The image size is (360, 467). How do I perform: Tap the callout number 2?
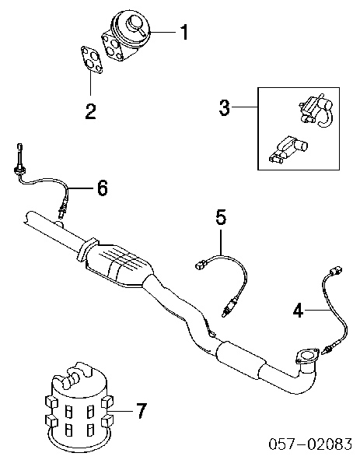(x=90, y=111)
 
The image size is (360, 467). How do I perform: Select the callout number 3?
(x=224, y=107)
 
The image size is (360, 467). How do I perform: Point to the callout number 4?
(x=298, y=311)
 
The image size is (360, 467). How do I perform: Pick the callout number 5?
(x=221, y=217)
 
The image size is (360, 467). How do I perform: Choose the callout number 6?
(x=102, y=188)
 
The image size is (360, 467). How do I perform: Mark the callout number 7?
(x=139, y=411)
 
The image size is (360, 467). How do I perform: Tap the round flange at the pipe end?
(x=306, y=358)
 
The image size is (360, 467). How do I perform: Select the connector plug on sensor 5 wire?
(x=203, y=266)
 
